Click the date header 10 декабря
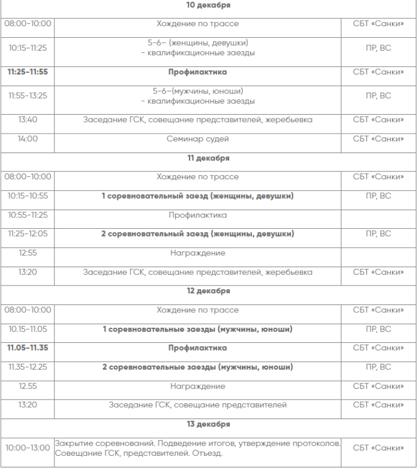click(209, 5)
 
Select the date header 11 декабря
click(209, 158)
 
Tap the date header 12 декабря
click(209, 291)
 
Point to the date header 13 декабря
click(209, 424)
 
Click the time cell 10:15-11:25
click(28, 48)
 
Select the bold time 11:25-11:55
click(28, 72)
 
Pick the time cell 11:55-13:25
click(28, 96)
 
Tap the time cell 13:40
click(28, 120)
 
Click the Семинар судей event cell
click(197, 139)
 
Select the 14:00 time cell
click(28, 139)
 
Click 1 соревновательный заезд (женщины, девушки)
click(197, 196)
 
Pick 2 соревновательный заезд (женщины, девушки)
click(197, 234)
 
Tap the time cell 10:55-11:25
click(28, 215)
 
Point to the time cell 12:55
click(28, 253)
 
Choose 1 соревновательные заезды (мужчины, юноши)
click(197, 329)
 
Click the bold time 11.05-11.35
click(28, 348)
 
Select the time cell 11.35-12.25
click(28, 367)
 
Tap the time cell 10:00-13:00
click(28, 448)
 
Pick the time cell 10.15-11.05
click(28, 329)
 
